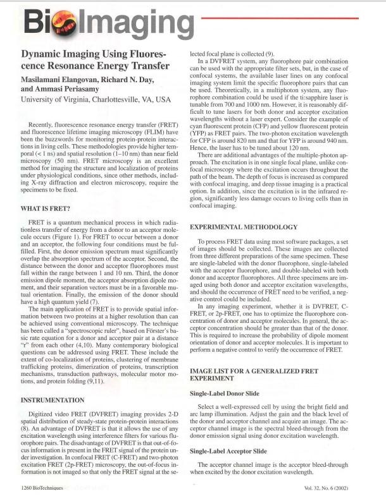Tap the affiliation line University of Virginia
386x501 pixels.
click(x=95, y=100)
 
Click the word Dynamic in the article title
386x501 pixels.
click(x=44, y=54)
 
